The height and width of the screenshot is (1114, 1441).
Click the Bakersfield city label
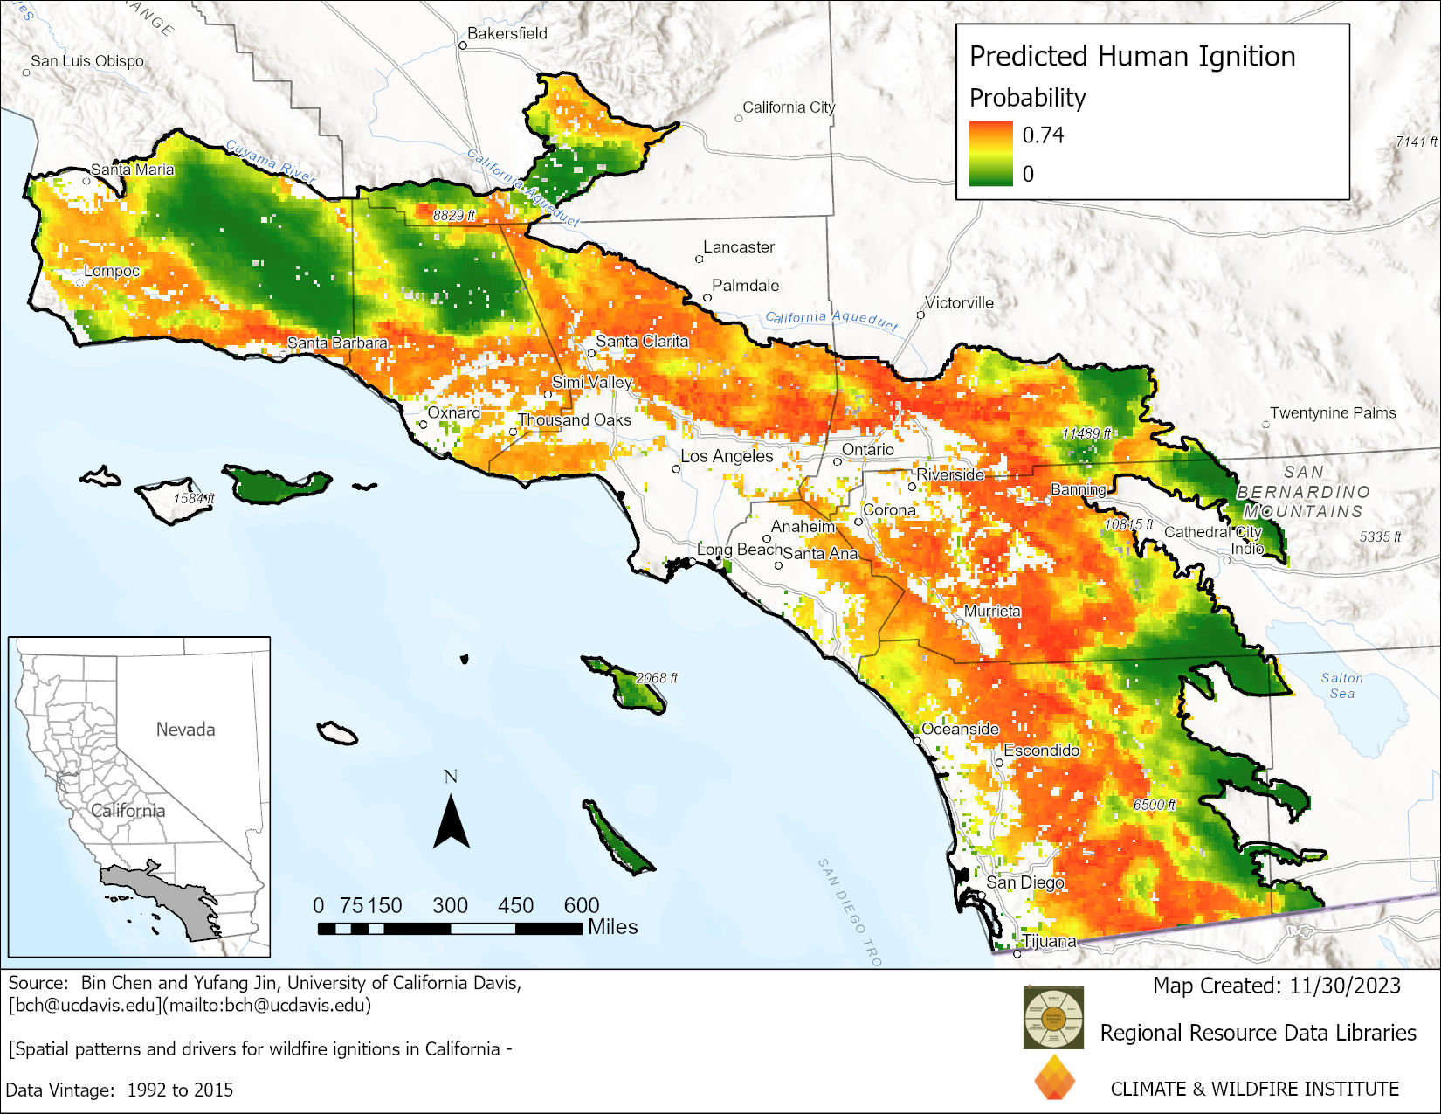click(507, 33)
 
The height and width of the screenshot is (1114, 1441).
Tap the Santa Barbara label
click(337, 343)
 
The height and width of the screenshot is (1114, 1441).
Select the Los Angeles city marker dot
click(676, 469)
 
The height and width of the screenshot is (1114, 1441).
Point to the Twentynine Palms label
click(1333, 412)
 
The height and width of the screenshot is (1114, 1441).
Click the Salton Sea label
click(1341, 685)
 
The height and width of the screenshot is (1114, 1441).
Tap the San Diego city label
click(1025, 882)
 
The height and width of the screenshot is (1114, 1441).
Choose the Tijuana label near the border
click(1050, 941)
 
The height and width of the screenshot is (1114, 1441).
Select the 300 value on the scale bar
click(450, 905)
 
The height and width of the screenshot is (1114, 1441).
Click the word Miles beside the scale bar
click(612, 927)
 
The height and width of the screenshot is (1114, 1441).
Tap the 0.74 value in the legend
click(1043, 135)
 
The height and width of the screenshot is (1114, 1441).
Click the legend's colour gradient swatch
click(990, 154)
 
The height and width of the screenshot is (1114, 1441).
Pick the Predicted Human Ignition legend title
click(1132, 56)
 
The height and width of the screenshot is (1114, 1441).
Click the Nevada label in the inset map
click(185, 729)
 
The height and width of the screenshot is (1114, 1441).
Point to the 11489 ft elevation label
click(1086, 433)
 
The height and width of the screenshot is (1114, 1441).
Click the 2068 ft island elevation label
click(656, 677)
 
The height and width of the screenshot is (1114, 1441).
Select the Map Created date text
click(1276, 986)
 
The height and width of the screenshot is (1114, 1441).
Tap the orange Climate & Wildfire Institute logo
click(1054, 1077)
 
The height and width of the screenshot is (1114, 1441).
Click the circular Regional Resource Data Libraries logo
click(1053, 1017)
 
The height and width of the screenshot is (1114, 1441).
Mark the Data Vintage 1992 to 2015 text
click(120, 1090)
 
